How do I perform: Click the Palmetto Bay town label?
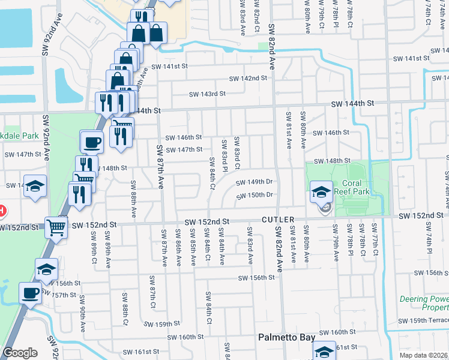click(286, 338)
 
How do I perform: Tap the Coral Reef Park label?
click(358, 188)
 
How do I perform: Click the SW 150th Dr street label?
click(255, 195)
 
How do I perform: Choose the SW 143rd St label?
click(207, 94)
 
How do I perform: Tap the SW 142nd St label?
click(249, 79)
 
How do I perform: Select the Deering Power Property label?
click(424, 303)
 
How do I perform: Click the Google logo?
click(20, 353)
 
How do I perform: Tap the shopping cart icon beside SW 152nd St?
click(56, 227)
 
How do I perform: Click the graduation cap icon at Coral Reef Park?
click(321, 192)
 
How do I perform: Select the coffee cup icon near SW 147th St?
click(92, 142)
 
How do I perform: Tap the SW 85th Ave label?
click(193, 247)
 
